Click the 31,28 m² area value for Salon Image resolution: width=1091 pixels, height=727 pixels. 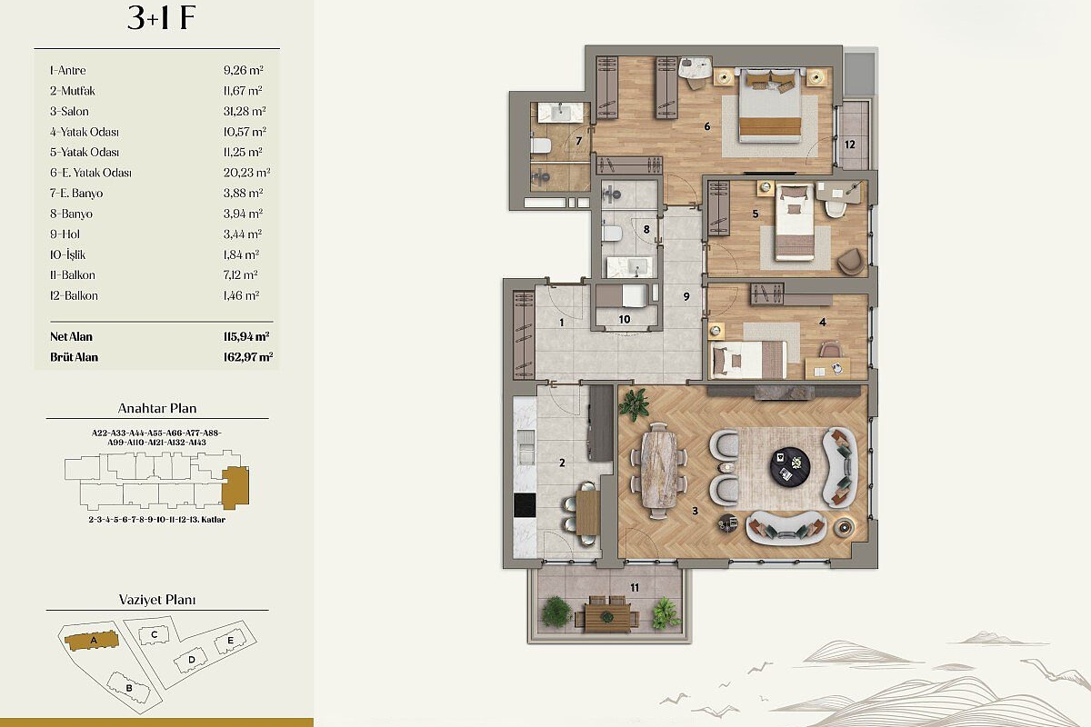[245, 111]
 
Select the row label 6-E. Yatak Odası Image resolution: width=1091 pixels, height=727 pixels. [91, 173]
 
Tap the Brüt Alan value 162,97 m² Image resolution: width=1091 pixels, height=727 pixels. [248, 357]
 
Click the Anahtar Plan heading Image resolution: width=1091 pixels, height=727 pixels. [157, 408]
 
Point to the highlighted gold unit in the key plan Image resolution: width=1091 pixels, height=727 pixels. [235, 487]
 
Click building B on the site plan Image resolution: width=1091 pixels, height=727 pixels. [127, 687]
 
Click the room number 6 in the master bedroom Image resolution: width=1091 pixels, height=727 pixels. [707, 126]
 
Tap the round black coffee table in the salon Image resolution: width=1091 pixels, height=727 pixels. [789, 466]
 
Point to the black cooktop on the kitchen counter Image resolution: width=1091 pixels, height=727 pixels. [525, 505]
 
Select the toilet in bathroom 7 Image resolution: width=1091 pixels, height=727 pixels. [540, 145]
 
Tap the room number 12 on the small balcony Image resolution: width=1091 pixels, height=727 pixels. [849, 144]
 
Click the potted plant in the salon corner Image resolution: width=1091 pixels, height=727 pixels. [634, 404]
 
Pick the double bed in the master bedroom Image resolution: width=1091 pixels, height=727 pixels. [769, 105]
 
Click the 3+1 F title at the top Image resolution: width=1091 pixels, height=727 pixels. [161, 18]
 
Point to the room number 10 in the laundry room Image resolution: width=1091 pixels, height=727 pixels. [625, 319]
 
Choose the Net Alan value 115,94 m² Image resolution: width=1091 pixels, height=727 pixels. [246, 336]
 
